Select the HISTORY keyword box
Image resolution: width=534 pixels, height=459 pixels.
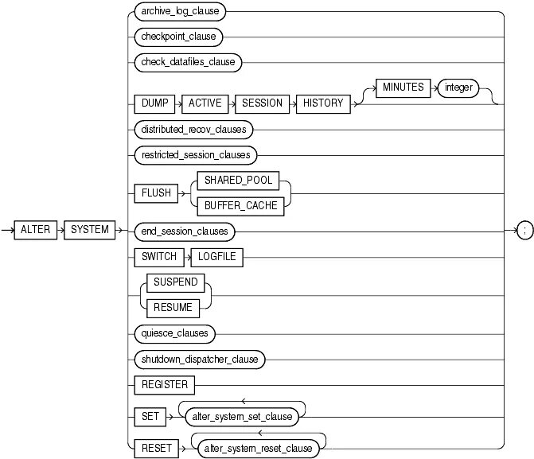[324, 103]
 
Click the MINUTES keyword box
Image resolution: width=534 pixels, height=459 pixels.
[403, 88]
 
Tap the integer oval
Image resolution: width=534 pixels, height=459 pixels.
[458, 88]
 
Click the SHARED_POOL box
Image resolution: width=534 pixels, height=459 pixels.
[238, 181]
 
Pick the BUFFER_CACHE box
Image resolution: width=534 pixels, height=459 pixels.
[238, 204]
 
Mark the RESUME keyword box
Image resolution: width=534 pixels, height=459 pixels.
[174, 307]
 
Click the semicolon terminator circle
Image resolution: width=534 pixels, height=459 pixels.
[524, 231]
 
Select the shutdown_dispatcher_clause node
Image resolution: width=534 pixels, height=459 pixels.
[201, 360]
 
